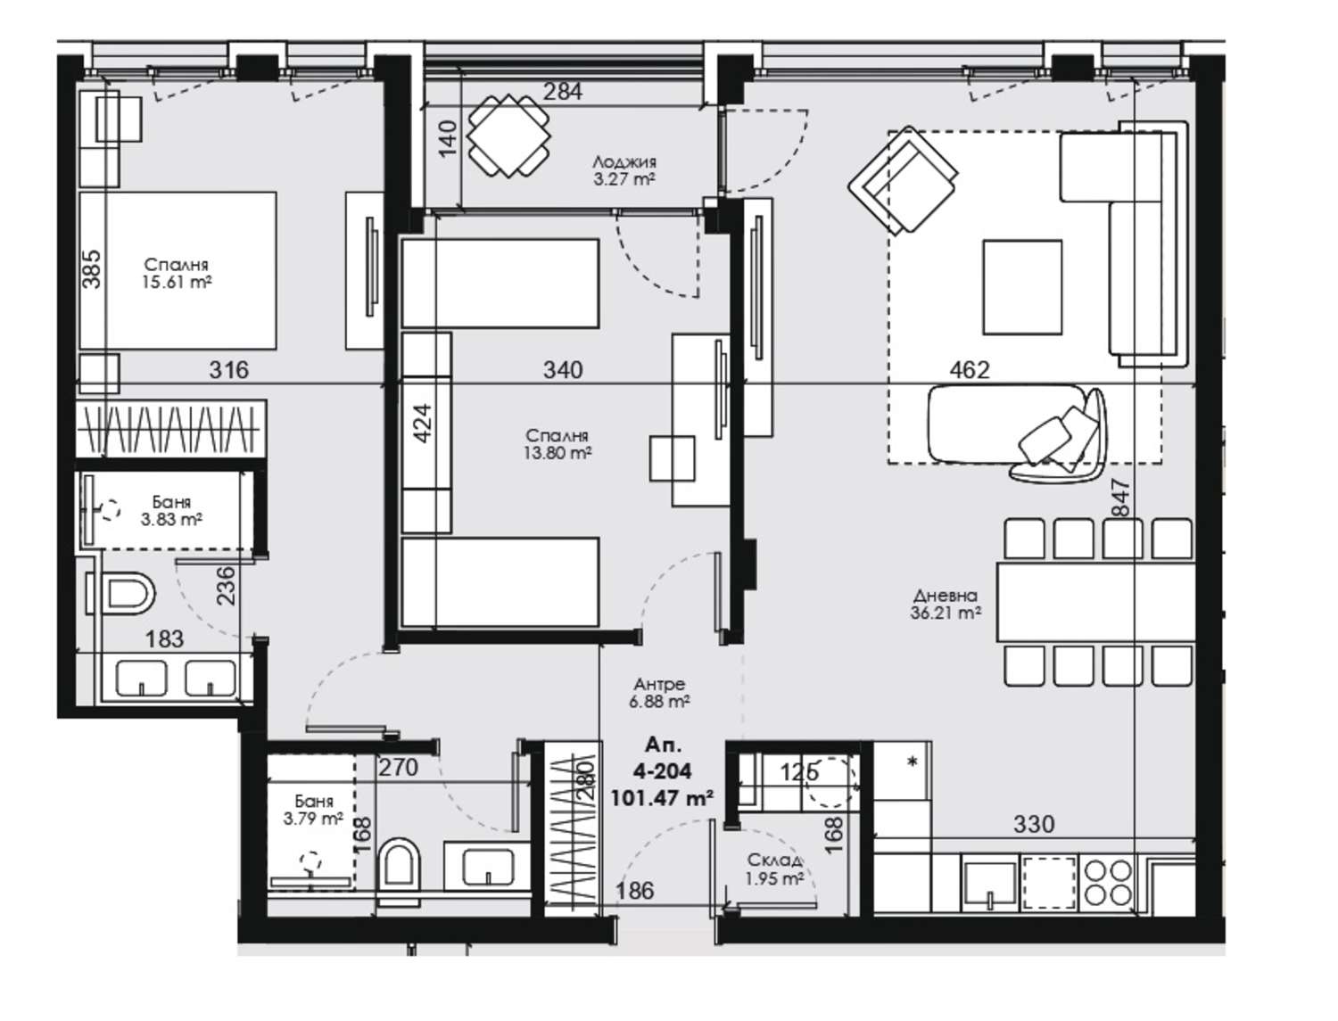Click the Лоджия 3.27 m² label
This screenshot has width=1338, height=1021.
624,170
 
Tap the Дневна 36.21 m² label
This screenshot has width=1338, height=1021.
946,604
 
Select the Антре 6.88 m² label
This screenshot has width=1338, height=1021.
659,692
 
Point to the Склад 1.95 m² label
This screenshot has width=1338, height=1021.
774,869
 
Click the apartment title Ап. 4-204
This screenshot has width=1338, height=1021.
663,759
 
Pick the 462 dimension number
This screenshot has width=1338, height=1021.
970,370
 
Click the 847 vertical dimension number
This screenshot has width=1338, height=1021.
1121,497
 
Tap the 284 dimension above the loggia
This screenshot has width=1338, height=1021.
563,91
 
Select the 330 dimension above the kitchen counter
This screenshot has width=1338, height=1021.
1034,824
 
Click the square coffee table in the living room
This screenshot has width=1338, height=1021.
1022,287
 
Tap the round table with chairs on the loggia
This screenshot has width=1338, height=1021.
508,136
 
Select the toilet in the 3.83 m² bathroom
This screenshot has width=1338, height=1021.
122,592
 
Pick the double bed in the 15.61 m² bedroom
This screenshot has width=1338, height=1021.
178,270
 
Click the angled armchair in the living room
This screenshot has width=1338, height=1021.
903,180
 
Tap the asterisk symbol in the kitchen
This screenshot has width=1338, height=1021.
913,762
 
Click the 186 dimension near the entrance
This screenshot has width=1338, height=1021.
634,891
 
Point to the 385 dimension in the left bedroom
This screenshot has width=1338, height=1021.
92,268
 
